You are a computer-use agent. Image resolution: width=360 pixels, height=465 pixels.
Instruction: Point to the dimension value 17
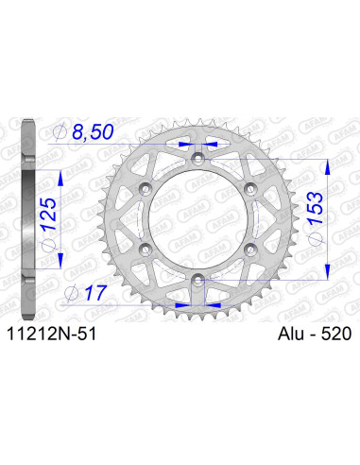pos(94,293)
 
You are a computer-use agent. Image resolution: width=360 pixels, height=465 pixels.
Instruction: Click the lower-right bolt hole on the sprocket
pos(250,249)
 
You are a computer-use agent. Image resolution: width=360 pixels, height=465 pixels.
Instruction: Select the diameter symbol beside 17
pos(74,293)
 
